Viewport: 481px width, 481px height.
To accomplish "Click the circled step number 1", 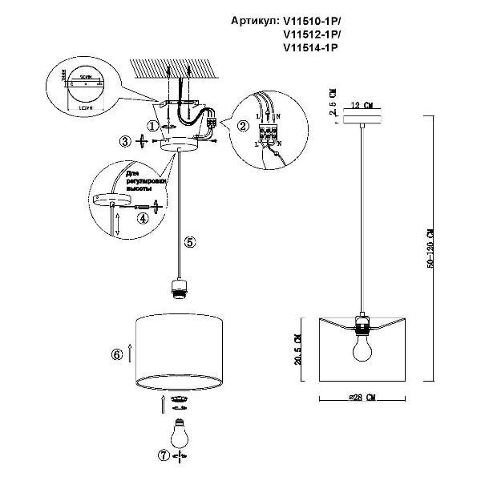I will pyautogui.click(x=154, y=125).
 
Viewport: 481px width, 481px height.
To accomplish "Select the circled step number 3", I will pyautogui.click(x=124, y=142).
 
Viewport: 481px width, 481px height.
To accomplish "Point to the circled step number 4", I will pyautogui.click(x=143, y=216).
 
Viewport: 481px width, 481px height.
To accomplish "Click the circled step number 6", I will pyautogui.click(x=116, y=353).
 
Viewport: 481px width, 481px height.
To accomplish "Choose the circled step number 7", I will pyautogui.click(x=164, y=455).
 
